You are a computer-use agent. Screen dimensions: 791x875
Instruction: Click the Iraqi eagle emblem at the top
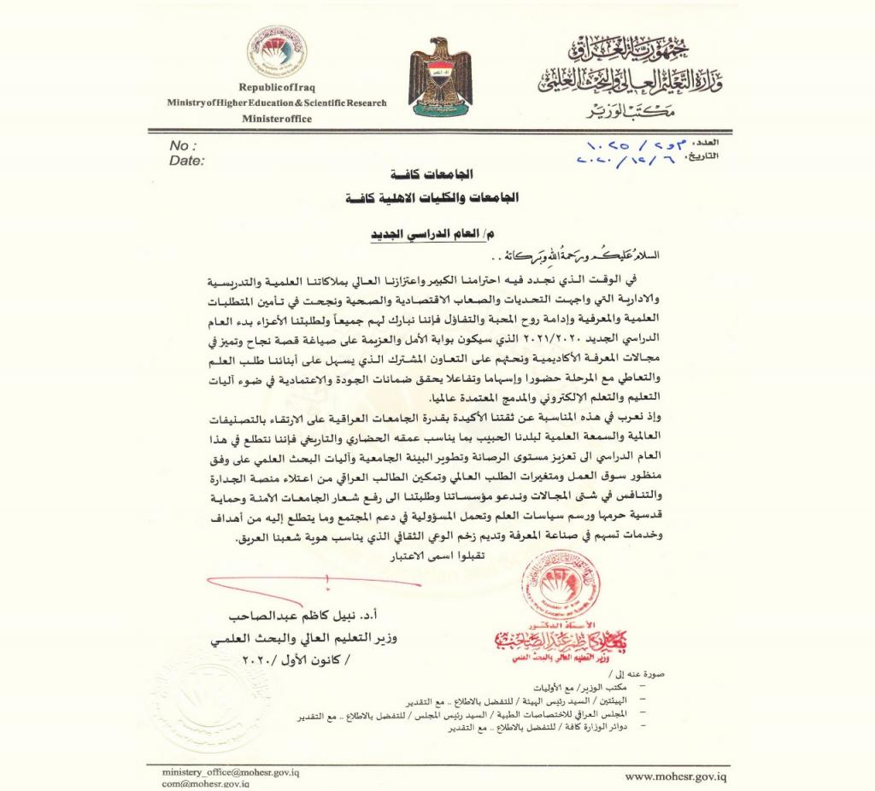440,77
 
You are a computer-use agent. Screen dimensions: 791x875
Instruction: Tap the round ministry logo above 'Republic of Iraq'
276,52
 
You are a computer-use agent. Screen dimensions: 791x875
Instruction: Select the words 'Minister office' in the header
276,119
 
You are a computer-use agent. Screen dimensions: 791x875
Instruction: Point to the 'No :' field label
183,145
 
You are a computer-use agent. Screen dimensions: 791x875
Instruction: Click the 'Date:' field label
187,160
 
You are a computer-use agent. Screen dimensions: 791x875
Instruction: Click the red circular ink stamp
560,585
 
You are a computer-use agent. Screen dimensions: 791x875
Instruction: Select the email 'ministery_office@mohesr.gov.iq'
231,771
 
